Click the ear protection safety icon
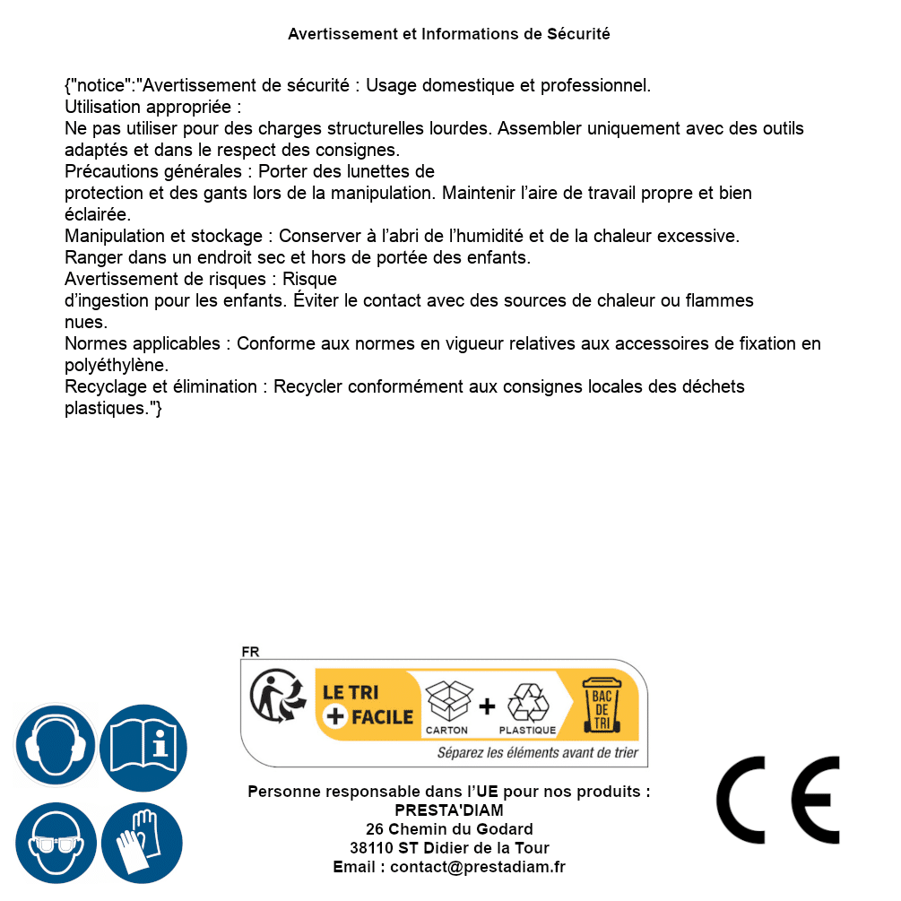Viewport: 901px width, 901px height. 56,745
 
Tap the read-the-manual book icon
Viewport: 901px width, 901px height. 143,745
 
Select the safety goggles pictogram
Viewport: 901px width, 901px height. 56,843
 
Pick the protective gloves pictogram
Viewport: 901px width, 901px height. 143,843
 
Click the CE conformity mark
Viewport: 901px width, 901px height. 778,800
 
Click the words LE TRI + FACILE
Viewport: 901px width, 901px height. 368,705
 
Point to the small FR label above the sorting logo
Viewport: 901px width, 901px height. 250,652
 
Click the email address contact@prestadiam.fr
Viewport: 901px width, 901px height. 478,867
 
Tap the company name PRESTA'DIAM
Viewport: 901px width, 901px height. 449,810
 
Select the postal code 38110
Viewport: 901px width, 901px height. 369,848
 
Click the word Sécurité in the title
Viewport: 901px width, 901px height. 578,34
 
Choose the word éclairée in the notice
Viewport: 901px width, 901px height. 98,215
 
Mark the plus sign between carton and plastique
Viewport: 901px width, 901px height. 487,706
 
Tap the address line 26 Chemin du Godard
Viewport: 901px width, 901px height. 449,829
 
